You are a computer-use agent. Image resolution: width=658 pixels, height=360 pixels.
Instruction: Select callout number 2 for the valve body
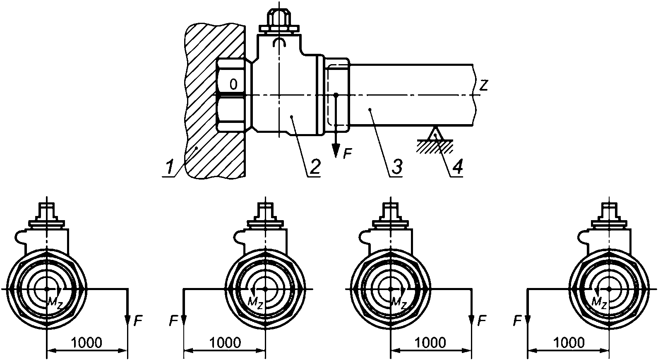coord(314,167)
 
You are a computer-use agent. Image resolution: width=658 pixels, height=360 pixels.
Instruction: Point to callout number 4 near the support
coord(457,167)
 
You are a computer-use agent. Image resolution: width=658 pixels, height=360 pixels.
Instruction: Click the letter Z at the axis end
coord(483,85)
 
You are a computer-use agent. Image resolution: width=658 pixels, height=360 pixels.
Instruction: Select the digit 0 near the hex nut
coord(233,84)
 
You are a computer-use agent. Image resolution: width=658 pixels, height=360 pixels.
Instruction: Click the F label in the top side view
coord(348,153)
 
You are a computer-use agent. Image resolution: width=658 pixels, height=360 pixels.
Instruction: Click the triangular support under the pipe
coord(435,133)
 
